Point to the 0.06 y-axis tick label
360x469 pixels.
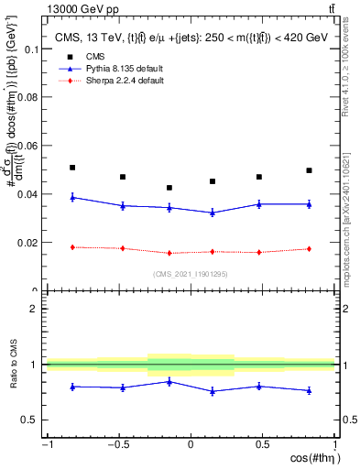tap(27, 146)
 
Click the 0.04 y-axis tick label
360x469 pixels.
tap(27, 194)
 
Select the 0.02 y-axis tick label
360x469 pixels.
tap(27, 243)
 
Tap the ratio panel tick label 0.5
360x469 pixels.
tap(30, 420)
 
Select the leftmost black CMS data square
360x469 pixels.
tap(72, 168)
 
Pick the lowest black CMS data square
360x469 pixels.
tap(169, 188)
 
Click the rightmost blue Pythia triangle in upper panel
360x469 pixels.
tap(310, 204)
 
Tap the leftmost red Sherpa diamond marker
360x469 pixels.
tap(72, 247)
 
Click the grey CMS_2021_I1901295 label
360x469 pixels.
tap(190, 273)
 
